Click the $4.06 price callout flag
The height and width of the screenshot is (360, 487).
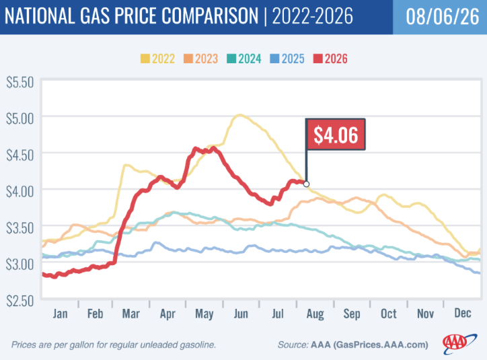point(336,135)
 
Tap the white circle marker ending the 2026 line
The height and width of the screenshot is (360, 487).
point(306,184)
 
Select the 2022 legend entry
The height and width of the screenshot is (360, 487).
point(157,59)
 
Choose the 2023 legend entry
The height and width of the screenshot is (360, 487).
point(200,59)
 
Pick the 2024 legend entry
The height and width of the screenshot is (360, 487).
point(243,59)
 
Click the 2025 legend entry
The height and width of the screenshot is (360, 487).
point(287,59)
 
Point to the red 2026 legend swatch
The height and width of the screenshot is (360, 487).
point(318,59)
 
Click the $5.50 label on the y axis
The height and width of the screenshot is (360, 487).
point(20,83)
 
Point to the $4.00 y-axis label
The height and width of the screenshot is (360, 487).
point(20,191)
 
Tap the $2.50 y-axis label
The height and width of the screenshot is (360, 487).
point(20,301)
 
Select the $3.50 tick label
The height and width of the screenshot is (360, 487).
point(20,228)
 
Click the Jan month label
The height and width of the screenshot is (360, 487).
point(60,314)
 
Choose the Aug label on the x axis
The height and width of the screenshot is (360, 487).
point(315,314)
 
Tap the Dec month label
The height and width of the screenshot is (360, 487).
point(463,313)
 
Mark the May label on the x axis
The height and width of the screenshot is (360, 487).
point(204,314)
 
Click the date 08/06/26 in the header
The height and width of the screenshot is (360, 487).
point(443,16)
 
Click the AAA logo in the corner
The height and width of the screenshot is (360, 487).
point(459,344)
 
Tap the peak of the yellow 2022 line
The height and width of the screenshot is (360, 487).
point(239,115)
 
